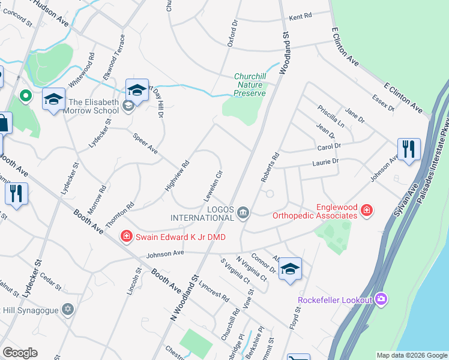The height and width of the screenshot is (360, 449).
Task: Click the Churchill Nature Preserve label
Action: pyautogui.click(x=249, y=85)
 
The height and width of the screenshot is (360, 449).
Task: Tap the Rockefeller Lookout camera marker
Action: pyautogui.click(x=381, y=299)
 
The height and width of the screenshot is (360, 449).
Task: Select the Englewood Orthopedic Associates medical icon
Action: pyautogui.click(x=366, y=211)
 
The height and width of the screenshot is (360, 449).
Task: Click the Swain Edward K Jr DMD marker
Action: pyautogui.click(x=127, y=236)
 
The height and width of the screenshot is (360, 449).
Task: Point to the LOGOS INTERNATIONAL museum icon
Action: pyautogui.click(x=244, y=212)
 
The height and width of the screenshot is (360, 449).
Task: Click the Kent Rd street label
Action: pyautogui.click(x=301, y=17)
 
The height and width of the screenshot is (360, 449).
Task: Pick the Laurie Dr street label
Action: pyautogui.click(x=325, y=161)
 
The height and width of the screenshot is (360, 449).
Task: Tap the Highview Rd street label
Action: pyautogui.click(x=177, y=175)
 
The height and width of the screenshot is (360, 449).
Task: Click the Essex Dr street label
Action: pyautogui.click(x=382, y=103)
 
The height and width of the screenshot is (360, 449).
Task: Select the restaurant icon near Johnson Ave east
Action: pyautogui.click(x=409, y=149)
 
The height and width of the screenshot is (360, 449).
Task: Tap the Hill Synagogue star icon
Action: pyautogui.click(x=68, y=309)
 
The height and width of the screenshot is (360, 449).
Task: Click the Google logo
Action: pyautogui.click(x=20, y=353)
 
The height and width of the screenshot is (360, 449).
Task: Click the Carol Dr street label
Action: pyautogui.click(x=329, y=146)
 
